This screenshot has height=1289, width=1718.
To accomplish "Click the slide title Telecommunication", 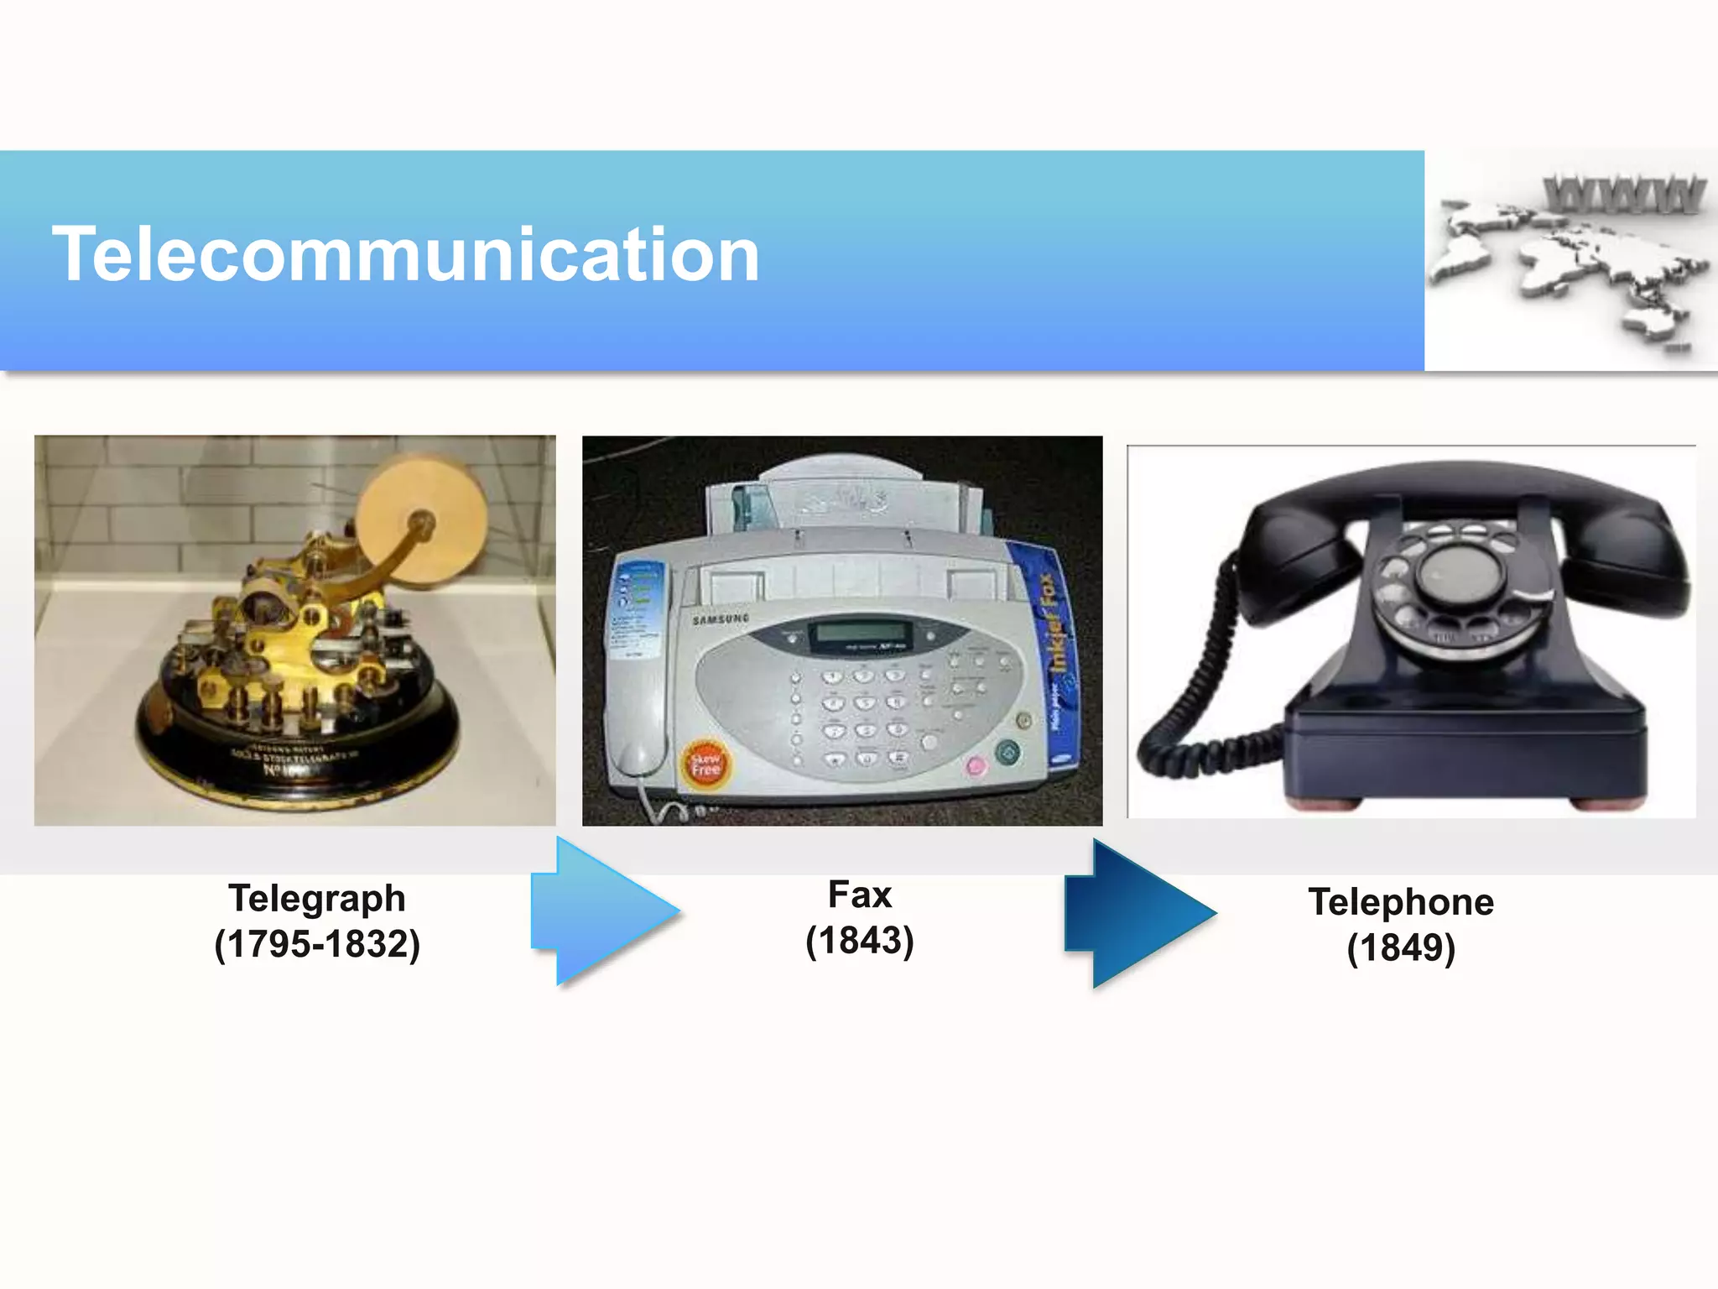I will (x=406, y=254).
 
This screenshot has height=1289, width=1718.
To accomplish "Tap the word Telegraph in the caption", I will (x=317, y=899).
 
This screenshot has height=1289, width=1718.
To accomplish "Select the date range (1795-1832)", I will (x=317, y=944).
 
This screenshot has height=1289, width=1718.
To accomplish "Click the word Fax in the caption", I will (x=859, y=895).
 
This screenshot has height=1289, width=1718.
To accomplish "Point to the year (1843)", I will (x=859, y=941).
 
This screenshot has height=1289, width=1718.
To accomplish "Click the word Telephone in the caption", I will (x=1401, y=902).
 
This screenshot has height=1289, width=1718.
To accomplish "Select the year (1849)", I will (x=1401, y=948).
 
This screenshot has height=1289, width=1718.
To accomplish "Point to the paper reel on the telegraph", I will (x=422, y=520).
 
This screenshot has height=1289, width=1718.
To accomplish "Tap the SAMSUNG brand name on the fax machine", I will (x=721, y=618).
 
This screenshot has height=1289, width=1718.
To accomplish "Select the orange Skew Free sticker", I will (x=705, y=764).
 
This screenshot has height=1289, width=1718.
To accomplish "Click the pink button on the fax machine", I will (x=975, y=765).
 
